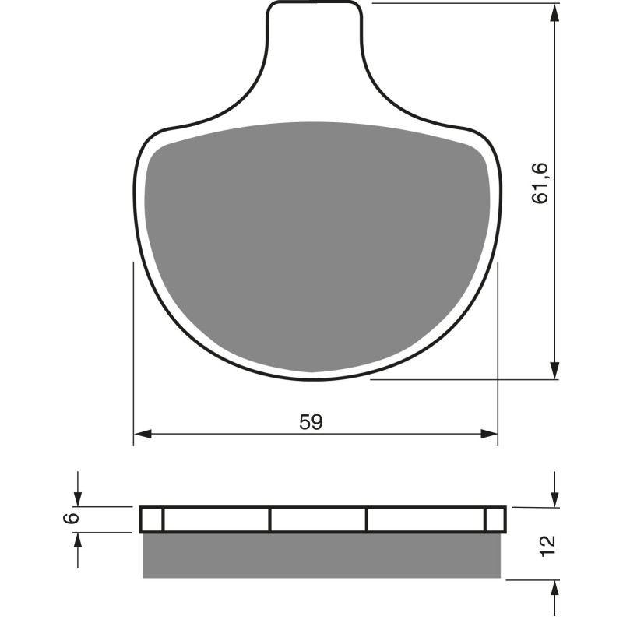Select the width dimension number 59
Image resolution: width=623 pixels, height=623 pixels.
tap(311, 422)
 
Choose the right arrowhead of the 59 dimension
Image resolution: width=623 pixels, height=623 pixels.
tap(488, 433)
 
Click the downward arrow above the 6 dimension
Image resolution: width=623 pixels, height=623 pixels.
tap(77, 498)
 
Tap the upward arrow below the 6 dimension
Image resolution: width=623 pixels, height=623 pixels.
tap(77, 540)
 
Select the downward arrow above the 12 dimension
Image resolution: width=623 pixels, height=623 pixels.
tap(554, 498)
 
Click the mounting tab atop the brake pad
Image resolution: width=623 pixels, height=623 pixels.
tap(314, 31)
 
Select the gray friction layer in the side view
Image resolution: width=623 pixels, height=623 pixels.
tap(321, 555)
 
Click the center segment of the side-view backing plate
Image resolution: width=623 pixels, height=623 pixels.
tap(318, 519)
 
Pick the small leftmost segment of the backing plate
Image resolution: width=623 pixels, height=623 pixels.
tap(153, 519)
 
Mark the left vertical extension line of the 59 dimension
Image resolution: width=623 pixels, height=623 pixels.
tap(134, 350)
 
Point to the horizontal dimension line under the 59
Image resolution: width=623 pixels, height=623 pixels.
tap(234, 433)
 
